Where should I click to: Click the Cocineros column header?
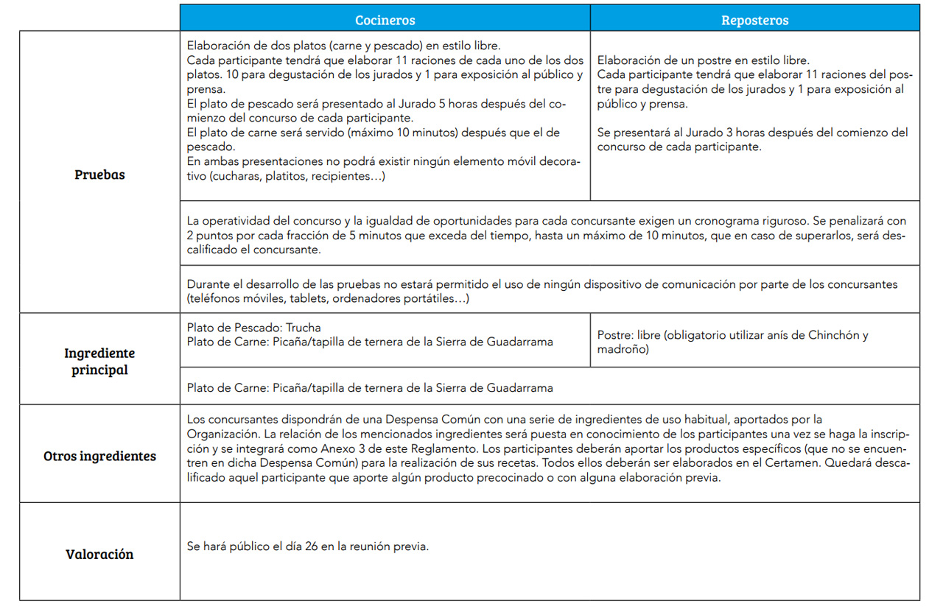click(x=385, y=20)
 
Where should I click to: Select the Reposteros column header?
click(x=754, y=20)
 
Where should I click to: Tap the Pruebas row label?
click(x=99, y=175)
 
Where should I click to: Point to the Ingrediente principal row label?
click(x=99, y=362)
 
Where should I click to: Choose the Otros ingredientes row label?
click(x=99, y=456)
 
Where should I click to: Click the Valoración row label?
click(x=99, y=554)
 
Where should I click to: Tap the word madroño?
click(x=623, y=350)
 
